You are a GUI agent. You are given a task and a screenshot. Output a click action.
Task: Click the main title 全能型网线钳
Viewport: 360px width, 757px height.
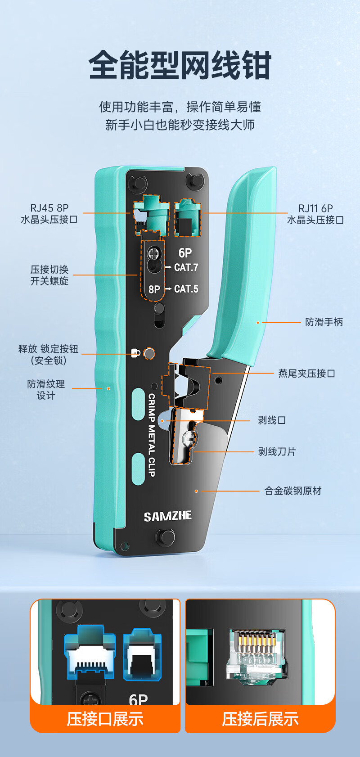pos(180,65)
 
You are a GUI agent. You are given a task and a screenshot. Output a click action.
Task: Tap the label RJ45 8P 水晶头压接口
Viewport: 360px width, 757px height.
pos(49,214)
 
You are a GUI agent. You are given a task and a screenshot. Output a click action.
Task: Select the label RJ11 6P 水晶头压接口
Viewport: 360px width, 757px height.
pos(315,214)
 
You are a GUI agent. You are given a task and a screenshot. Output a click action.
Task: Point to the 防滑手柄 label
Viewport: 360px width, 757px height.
pos(324,322)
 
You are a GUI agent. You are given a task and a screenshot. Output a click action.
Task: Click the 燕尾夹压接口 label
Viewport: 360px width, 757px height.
pos(306,374)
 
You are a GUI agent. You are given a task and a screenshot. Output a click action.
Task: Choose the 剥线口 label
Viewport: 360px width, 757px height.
pos(272,420)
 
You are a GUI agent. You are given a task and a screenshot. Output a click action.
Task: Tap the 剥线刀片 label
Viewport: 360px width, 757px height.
pos(277,452)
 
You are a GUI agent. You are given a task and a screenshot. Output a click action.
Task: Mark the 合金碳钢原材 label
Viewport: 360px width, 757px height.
pos(293,491)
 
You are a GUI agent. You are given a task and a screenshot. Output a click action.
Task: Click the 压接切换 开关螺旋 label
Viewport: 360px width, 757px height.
pos(49,275)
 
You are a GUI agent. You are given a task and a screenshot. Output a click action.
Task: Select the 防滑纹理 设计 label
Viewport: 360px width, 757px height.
pos(46,390)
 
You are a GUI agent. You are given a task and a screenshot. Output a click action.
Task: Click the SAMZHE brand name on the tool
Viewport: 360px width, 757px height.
pos(168,516)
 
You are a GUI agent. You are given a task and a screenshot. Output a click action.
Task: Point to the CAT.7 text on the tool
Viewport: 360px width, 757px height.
pos(186,267)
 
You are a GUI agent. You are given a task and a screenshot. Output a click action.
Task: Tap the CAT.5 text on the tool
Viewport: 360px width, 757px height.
pos(186,289)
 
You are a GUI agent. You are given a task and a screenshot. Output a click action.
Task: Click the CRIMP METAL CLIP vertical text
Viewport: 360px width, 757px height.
pos(152,434)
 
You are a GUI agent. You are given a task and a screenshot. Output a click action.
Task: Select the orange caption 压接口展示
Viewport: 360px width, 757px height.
pos(105,719)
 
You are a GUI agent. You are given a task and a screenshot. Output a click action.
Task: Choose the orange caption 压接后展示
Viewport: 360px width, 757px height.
pos(260,719)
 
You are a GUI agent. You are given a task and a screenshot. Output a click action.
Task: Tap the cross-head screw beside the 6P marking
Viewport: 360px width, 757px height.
pos(155,253)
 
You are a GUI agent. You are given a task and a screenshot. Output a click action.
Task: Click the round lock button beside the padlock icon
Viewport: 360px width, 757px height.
pos(149,353)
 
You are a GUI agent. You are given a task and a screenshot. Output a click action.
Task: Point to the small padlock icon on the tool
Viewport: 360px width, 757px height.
pos(135,353)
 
